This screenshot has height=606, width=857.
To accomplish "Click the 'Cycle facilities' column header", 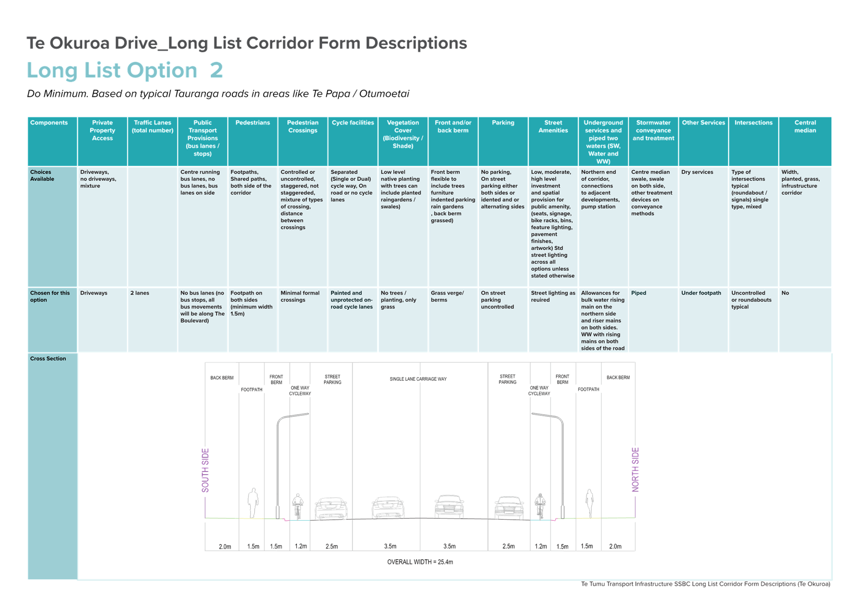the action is coord(352,123).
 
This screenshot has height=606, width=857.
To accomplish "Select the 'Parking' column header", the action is coord(503,123).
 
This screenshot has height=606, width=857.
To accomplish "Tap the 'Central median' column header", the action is coord(805,127).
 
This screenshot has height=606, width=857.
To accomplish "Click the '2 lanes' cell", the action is coord(140,293).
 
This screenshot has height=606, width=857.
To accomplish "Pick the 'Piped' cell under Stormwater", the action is coord(638,293).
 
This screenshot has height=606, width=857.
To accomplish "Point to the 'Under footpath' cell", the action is coord(701,293).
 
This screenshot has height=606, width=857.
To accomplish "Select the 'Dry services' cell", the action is coord(697,172).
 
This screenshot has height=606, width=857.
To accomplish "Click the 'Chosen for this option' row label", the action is coord(50,296).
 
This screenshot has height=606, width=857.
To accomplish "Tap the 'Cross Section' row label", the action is coord(48,359).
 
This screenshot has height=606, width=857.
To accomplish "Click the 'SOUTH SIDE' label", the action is coord(205,470).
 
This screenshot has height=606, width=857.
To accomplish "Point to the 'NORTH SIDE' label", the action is coord(635,470).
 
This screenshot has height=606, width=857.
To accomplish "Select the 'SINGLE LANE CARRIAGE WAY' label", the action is coord(418,379).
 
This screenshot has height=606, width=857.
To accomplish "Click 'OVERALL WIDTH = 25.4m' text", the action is coord(420,562).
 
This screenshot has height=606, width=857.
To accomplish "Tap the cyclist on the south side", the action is coord(298,506).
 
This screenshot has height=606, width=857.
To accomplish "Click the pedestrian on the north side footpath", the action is coord(590,503).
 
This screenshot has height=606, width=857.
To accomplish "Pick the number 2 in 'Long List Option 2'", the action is coord(217,71).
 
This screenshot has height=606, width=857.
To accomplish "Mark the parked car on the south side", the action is coord(331,509).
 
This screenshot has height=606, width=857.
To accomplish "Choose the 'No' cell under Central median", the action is coord(785,293).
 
